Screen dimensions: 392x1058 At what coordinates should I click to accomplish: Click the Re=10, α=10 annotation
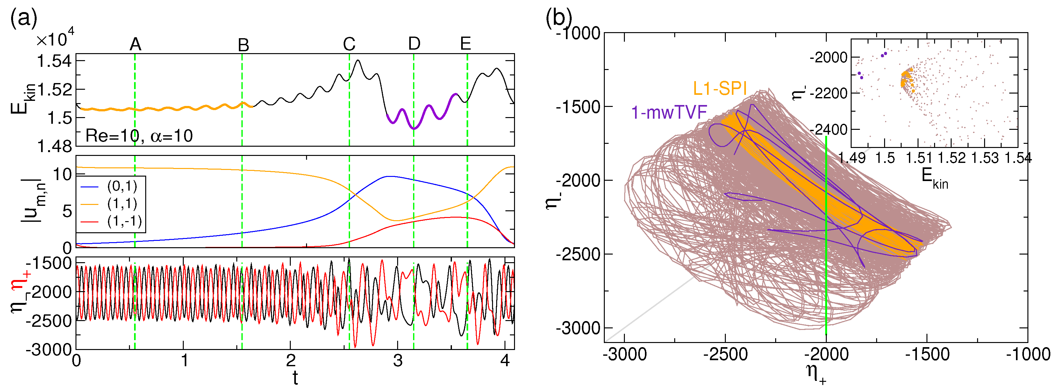pyautogui.click(x=139, y=136)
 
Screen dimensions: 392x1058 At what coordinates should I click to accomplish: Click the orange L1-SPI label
pyautogui.click(x=719, y=88)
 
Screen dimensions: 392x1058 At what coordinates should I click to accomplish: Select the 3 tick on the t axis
pyautogui.click(x=397, y=361)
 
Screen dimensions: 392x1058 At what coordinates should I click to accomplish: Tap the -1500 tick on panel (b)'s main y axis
pyautogui.click(x=577, y=107)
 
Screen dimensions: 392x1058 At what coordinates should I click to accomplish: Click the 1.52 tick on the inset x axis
pyautogui.click(x=951, y=157)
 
